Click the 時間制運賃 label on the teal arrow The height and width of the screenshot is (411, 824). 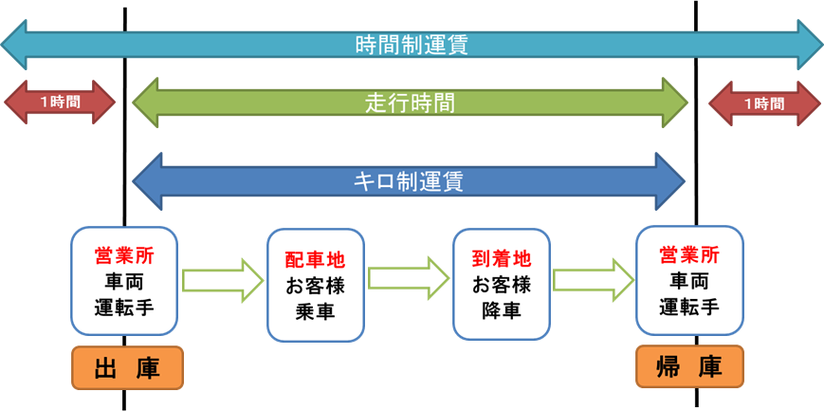[x=412, y=45]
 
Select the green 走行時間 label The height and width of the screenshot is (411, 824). [x=410, y=103]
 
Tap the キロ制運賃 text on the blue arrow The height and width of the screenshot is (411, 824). [x=409, y=180]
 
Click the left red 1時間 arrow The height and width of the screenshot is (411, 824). [x=60, y=103]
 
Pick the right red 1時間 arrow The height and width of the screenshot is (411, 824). [x=764, y=103]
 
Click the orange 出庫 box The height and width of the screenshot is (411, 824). [x=127, y=368]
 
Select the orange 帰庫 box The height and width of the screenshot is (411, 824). [x=689, y=367]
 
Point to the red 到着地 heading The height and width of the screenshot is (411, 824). [x=501, y=259]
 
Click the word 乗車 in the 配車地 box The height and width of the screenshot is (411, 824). [x=315, y=310]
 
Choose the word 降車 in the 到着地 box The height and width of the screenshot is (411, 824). [x=501, y=309]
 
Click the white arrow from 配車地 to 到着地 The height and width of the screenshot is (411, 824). [x=408, y=278]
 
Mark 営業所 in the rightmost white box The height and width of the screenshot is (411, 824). [x=689, y=254]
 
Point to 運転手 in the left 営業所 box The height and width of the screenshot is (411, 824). [x=123, y=307]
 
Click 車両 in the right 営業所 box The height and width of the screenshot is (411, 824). [x=689, y=281]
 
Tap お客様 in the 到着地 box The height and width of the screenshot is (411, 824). [x=501, y=284]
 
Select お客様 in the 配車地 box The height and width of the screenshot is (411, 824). [x=315, y=285]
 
